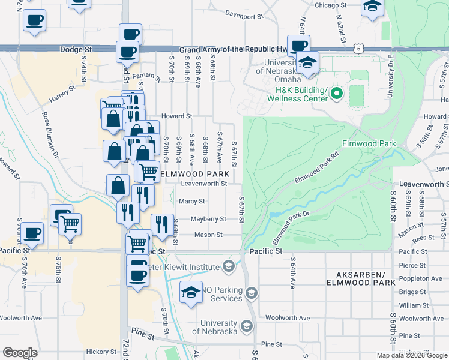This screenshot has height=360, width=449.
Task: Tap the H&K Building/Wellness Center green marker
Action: (x=336, y=93)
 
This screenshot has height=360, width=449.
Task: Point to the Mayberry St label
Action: (x=208, y=219)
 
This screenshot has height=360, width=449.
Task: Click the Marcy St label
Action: (x=192, y=202)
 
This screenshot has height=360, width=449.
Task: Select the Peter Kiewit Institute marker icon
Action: (x=228, y=266)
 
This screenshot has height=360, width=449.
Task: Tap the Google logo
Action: (x=20, y=352)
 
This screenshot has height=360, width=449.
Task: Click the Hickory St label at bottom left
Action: (x=100, y=352)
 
